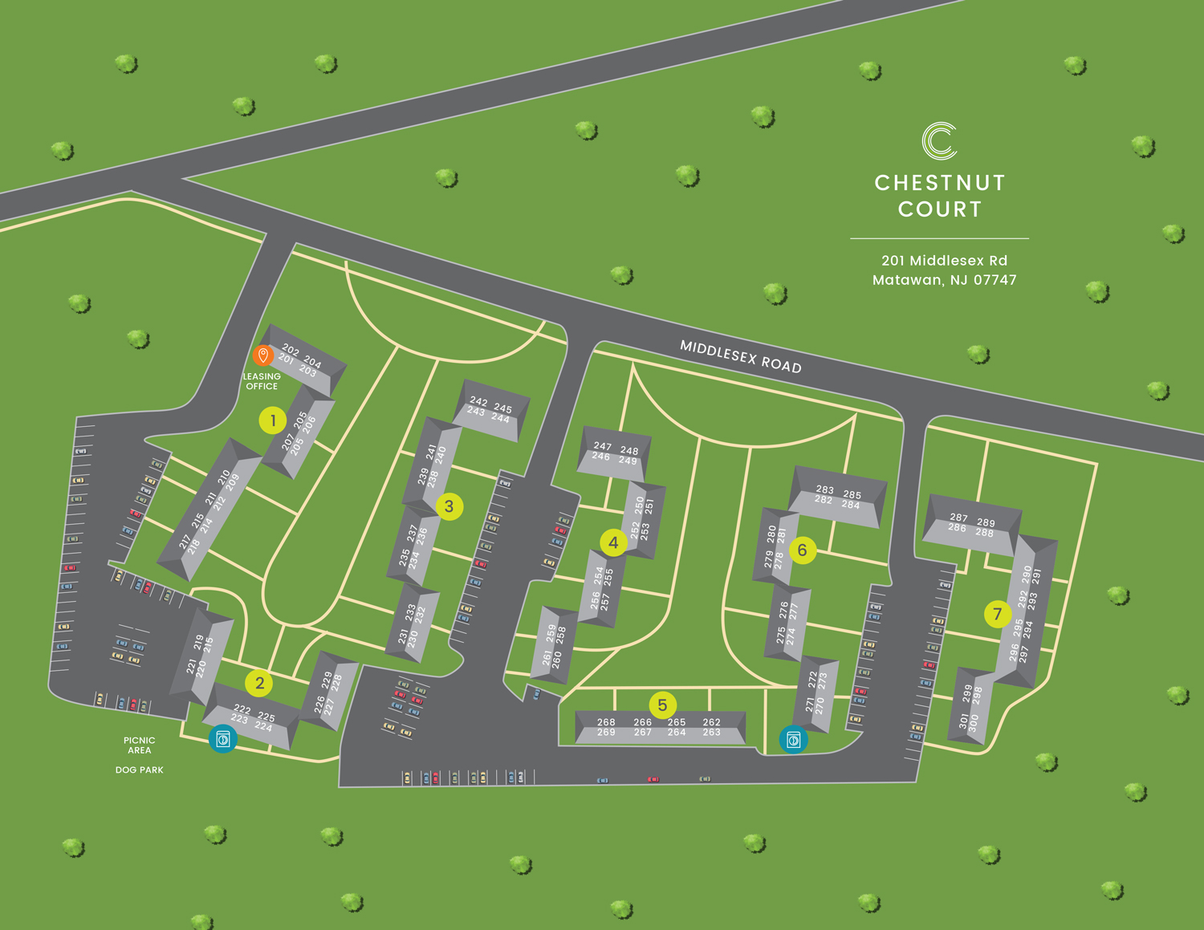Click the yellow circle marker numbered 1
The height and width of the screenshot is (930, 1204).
click(x=273, y=420)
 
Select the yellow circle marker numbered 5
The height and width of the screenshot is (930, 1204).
click(x=662, y=705)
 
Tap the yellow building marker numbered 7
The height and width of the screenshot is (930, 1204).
click(x=997, y=615)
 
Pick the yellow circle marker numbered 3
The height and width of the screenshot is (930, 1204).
click(x=449, y=506)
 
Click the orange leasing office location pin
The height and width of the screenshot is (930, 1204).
click(x=262, y=355)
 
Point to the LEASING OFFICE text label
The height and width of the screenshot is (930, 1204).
click(x=262, y=381)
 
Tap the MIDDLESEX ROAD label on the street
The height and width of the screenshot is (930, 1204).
click(x=740, y=356)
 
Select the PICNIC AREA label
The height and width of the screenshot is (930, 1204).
click(x=139, y=745)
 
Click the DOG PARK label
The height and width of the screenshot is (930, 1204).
click(x=139, y=770)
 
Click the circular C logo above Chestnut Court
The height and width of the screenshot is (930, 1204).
click(x=939, y=140)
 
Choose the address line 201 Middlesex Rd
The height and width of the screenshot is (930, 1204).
click(x=944, y=261)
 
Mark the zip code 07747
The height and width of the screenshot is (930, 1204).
click(x=994, y=280)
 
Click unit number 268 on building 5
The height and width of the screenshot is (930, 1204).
click(x=606, y=722)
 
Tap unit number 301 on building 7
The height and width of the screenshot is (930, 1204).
click(x=963, y=721)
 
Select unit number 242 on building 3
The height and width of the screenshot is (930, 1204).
click(x=478, y=401)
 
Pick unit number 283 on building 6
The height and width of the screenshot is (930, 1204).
click(x=824, y=489)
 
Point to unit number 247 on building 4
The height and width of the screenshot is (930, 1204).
click(x=602, y=446)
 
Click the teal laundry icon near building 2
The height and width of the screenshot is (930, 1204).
click(x=223, y=739)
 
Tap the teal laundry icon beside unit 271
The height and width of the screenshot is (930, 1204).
click(x=793, y=740)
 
